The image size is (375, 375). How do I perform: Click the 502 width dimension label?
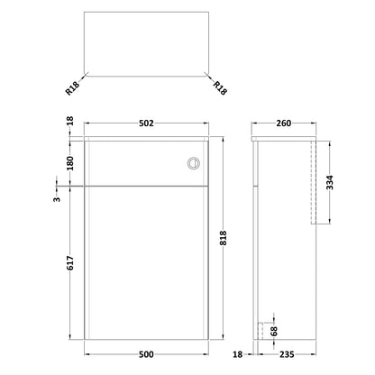click(146, 123)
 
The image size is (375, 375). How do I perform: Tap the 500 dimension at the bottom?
click(146, 354)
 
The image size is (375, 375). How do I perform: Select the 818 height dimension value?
click(224, 238)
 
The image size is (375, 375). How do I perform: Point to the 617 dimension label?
click(70, 263)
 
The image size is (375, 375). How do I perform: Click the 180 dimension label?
click(70, 163)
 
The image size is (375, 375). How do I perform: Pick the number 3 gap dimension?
click(57, 199)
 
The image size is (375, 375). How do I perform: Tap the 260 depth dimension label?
click(284, 123)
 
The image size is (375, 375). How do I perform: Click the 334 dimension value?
click(330, 183)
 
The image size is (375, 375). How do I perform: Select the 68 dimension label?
click(274, 331)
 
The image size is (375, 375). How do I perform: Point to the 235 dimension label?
click(287, 354)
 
